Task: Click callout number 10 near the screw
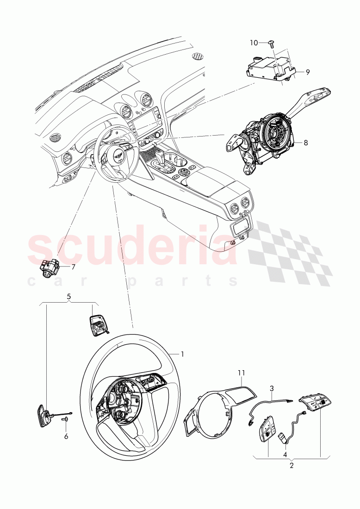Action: (x=254, y=43)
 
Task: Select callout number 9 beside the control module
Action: (x=307, y=72)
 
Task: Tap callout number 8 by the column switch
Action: (x=306, y=142)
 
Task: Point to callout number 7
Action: (x=74, y=267)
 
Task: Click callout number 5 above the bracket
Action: (x=68, y=296)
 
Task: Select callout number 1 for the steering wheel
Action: (x=182, y=354)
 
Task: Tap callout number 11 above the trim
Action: (x=242, y=373)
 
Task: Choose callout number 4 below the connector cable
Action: (x=285, y=454)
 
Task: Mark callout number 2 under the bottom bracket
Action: (x=291, y=466)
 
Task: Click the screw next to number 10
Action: (x=272, y=43)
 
